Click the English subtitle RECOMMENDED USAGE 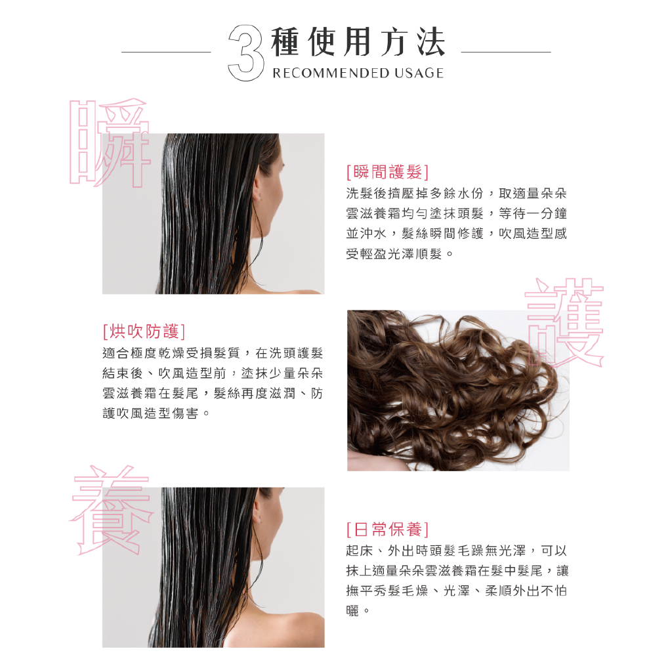pyautogui.click(x=358, y=73)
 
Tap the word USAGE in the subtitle pyautogui.click(x=419, y=73)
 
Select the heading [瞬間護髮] pyautogui.click(x=387, y=173)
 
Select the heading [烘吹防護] pyautogui.click(x=144, y=331)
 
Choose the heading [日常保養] pyautogui.click(x=387, y=530)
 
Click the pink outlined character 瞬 pyautogui.click(x=110, y=142)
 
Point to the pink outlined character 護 pyautogui.click(x=564, y=322)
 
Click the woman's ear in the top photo pyautogui.click(x=258, y=190)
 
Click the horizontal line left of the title pyautogui.click(x=166, y=52)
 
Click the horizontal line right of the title pyautogui.click(x=506, y=52)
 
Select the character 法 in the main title pyautogui.click(x=431, y=41)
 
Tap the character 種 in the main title pyautogui.click(x=285, y=41)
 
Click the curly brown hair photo pyautogui.click(x=458, y=390)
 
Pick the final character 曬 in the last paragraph pyautogui.click(x=352, y=610)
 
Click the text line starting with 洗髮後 pyautogui.click(x=457, y=194)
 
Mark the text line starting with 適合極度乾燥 pyautogui.click(x=213, y=353)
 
